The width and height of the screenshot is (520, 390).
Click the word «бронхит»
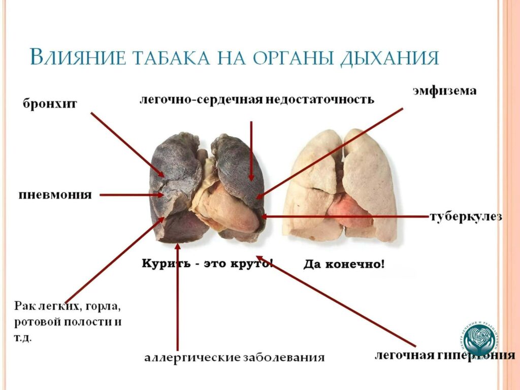pyautogui.click(x=50, y=104)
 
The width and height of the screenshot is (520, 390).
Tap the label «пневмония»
pyautogui.click(x=55, y=195)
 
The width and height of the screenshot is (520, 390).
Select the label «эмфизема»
pyautogui.click(x=443, y=91)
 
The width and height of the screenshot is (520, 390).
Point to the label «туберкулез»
pyautogui.click(x=466, y=217)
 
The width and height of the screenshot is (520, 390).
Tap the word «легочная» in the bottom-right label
pyautogui.click(x=405, y=354)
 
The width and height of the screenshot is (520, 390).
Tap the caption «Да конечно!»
pyautogui.click(x=344, y=264)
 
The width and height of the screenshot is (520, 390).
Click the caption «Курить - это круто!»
pyautogui.click(x=207, y=264)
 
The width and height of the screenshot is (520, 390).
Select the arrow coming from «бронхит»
pyautogui.click(x=127, y=144)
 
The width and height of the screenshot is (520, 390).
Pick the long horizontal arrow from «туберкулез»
pyautogui.click(x=345, y=217)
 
